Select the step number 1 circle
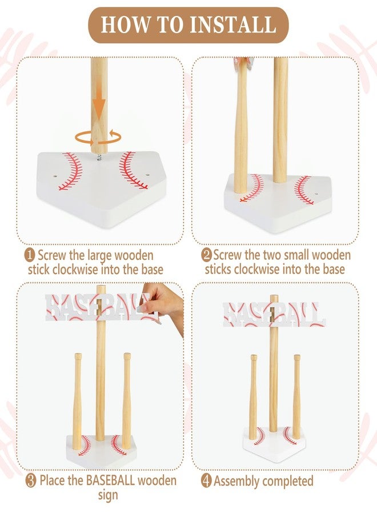click(30, 255)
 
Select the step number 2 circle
click(207, 255)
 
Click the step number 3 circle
click(31, 481)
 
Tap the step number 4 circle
click(207, 481)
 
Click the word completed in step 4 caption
click(288, 481)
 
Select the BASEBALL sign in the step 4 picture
click(274, 314)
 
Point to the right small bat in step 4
click(296, 397)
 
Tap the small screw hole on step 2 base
click(316, 194)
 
